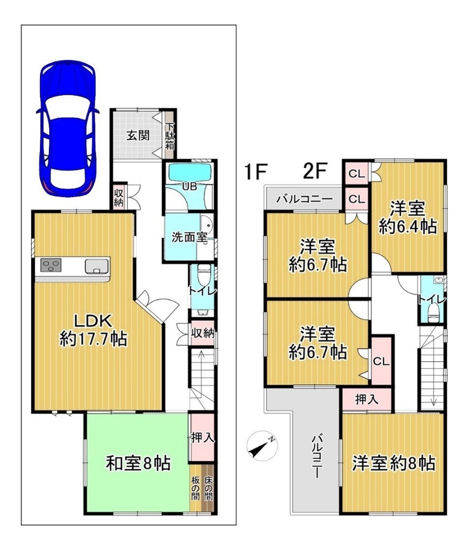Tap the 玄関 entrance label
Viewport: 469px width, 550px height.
[138, 135]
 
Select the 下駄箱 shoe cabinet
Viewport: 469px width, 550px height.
[169, 136]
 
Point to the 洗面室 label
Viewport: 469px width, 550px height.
[189, 237]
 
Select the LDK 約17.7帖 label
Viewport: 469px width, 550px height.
[93, 330]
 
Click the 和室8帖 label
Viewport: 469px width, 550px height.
[138, 463]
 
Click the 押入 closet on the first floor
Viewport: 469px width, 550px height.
[202, 438]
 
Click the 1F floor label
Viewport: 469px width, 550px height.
[256, 172]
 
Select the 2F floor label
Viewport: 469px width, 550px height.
[315, 172]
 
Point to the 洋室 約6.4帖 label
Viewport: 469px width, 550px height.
[407, 218]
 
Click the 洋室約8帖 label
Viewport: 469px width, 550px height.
[394, 463]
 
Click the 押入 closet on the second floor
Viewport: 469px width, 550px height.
[367, 399]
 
